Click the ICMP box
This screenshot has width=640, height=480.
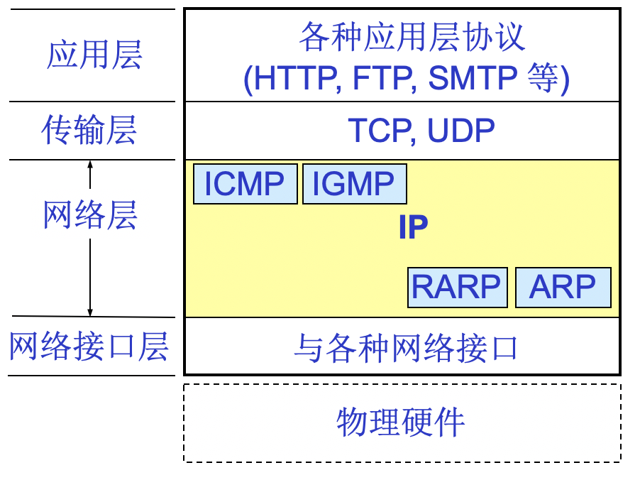245,185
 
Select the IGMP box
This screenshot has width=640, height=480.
354,185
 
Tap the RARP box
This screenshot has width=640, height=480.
457,288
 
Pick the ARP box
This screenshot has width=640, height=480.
563,288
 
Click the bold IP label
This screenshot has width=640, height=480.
412,228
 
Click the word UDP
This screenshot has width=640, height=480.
458,131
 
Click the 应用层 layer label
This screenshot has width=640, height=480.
94,55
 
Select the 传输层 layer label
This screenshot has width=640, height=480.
89,131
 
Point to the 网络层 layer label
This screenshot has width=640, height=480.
89,215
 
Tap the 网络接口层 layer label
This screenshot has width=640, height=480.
89,347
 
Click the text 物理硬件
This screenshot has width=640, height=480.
401,422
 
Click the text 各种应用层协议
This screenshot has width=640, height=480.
412,37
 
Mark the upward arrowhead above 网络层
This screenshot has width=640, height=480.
90,165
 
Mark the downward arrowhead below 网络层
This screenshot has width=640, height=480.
90,312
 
